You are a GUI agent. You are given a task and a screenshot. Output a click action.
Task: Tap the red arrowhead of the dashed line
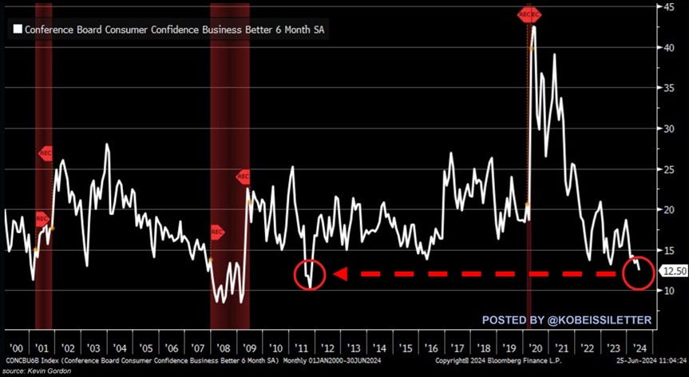(339, 274)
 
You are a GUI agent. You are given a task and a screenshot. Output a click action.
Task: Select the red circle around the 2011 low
(308, 274)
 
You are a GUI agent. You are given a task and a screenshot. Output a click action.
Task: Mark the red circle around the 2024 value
(637, 274)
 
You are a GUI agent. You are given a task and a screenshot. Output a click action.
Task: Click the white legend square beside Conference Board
(16, 30)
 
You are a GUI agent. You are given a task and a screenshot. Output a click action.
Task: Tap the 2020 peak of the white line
(533, 27)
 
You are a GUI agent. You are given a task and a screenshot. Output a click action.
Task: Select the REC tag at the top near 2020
(529, 14)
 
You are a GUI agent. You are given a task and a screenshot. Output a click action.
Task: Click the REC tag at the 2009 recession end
(244, 177)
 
